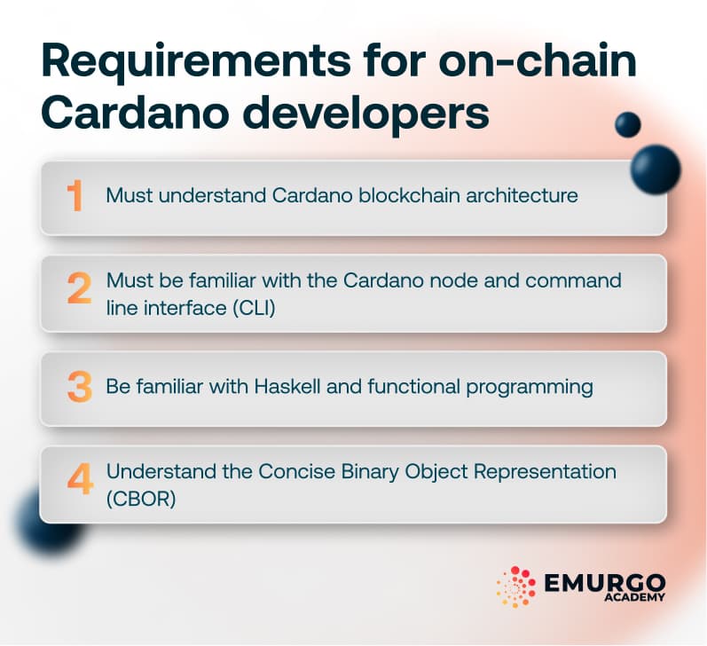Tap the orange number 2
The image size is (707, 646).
coord(78,290)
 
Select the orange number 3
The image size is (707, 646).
coord(78,388)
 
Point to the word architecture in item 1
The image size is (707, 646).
coord(522,195)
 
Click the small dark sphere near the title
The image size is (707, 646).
coord(628,124)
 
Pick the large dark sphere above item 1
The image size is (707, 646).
coord(656,167)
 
